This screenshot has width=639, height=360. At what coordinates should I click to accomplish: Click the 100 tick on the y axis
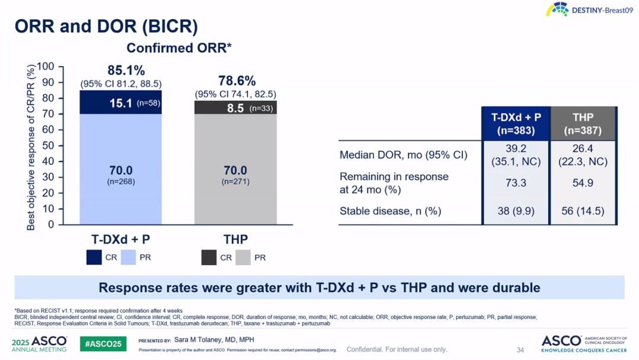[x=45, y=66]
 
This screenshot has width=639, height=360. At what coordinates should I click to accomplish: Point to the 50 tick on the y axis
[x=47, y=145]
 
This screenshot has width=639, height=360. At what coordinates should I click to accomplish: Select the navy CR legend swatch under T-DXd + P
[x=94, y=257]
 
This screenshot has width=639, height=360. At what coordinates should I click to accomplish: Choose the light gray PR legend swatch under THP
[x=243, y=257]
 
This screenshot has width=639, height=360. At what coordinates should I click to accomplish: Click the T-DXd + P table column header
[x=516, y=123]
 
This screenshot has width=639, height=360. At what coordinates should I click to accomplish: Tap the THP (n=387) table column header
[x=584, y=123]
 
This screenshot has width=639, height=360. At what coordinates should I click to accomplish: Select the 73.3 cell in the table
[x=516, y=183]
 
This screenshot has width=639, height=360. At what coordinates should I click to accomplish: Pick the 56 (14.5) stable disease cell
[x=584, y=211]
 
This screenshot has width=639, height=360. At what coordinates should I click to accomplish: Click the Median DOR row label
[x=403, y=156]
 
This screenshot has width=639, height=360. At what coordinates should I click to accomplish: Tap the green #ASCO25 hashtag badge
[x=103, y=344]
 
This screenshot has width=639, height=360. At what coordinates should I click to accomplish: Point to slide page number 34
[x=520, y=350]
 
